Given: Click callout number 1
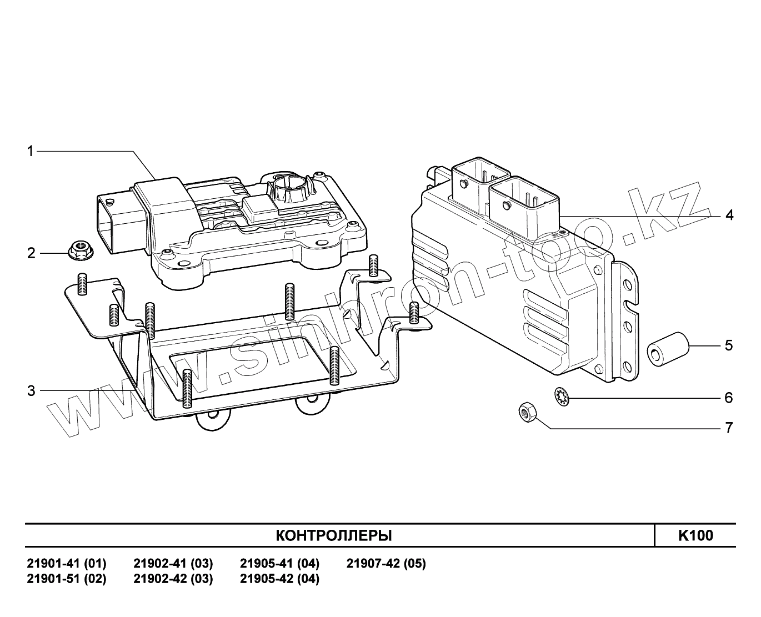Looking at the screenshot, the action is [x=31, y=151].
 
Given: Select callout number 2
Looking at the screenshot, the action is [x=31, y=253].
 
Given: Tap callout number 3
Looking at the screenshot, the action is [x=31, y=391].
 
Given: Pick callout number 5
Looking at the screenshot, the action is [x=729, y=345].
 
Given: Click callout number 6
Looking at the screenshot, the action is [x=729, y=398].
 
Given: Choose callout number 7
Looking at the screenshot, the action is [x=729, y=428].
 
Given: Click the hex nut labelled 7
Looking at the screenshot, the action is [x=526, y=414].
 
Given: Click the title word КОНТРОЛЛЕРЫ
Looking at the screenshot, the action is [x=333, y=535].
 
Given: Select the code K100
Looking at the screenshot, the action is [x=695, y=535].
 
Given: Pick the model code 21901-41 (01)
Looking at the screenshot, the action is [x=67, y=564].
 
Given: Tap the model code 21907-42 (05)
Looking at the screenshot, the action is [x=386, y=564].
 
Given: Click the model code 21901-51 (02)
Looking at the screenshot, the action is [x=67, y=579].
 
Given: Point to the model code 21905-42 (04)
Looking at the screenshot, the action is [x=279, y=579].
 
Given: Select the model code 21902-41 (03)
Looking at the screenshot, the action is [x=173, y=564].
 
